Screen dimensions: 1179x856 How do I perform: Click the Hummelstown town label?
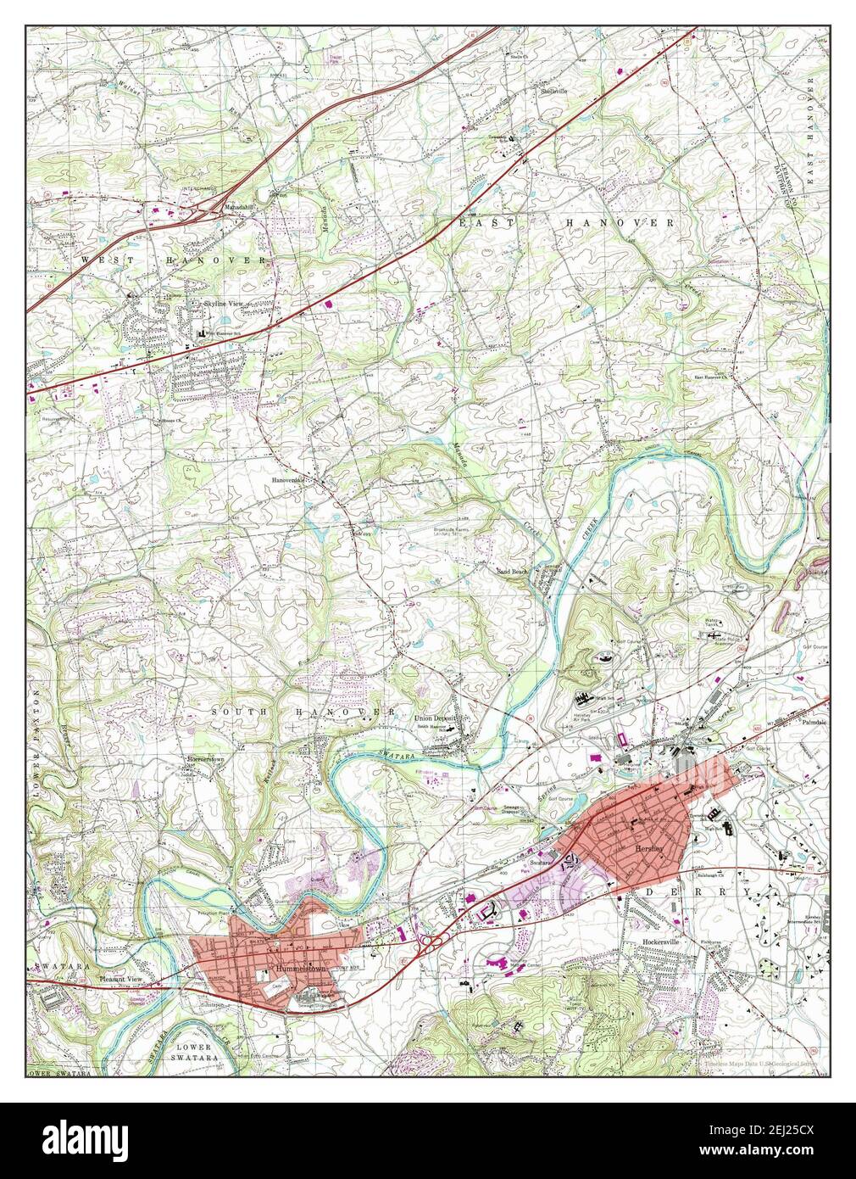(297, 968)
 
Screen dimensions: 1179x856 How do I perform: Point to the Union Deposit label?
(435, 718)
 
